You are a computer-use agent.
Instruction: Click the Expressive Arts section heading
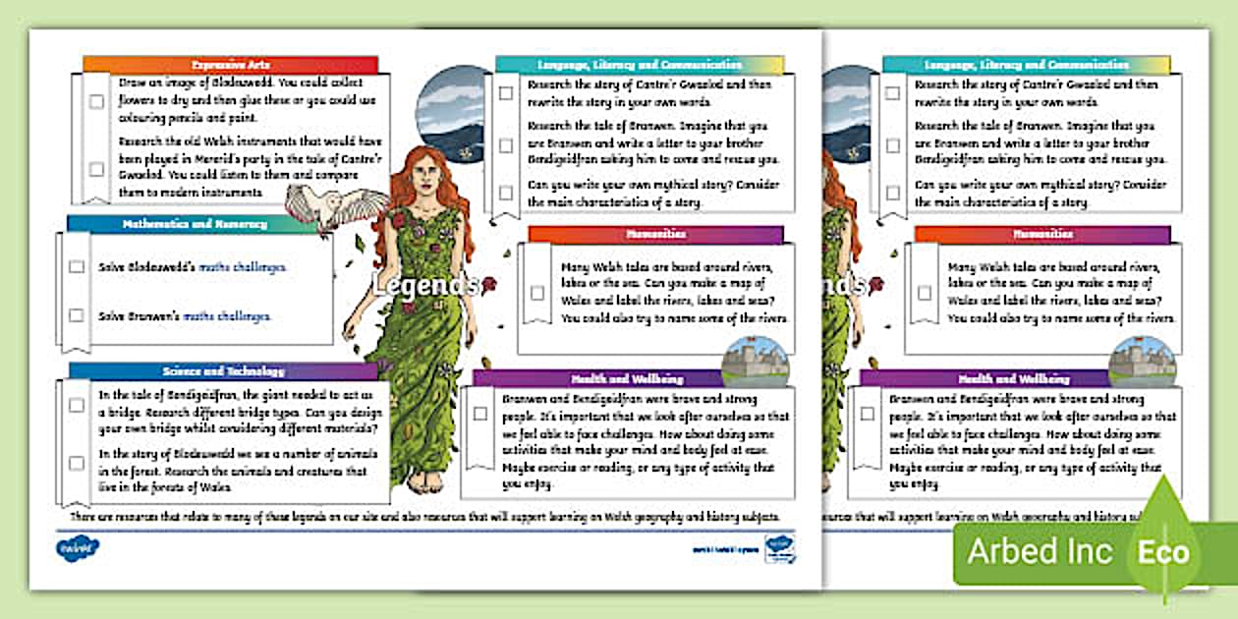(230, 64)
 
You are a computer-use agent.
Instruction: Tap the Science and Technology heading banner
(224, 371)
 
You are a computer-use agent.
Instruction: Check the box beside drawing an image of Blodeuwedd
(96, 101)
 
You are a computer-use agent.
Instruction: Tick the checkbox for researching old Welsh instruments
(96, 169)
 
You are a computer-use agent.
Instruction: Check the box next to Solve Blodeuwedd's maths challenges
(77, 266)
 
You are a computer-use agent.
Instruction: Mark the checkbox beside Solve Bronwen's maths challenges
(77, 315)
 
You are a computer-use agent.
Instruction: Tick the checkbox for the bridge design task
(77, 405)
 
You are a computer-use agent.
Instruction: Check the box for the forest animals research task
(77, 463)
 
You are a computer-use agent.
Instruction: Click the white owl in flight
(324, 207)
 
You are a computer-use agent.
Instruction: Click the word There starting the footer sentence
(84, 516)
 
